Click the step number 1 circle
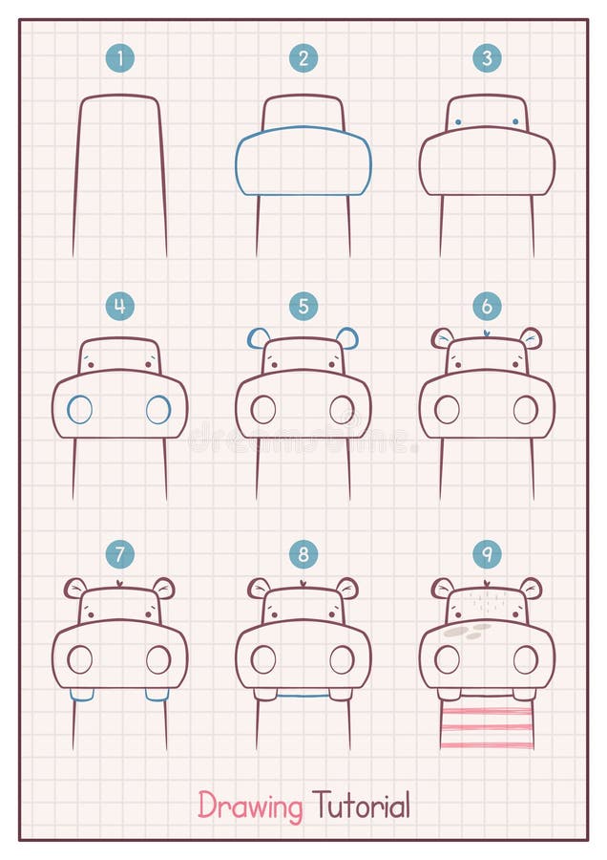[119, 58]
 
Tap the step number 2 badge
[303, 58]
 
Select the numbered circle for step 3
[487, 58]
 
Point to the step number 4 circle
[119, 306]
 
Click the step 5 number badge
[303, 306]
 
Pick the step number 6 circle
[487, 306]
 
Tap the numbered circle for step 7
[119, 553]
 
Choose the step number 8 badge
[303, 553]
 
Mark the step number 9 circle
[487, 553]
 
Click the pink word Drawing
[250, 806]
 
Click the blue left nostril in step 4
[79, 410]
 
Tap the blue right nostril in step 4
[158, 410]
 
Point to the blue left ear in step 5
[258, 337]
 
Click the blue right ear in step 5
[348, 337]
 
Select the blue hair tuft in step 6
[487, 333]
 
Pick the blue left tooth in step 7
[82, 695]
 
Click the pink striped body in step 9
[487, 723]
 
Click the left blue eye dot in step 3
[458, 121]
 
